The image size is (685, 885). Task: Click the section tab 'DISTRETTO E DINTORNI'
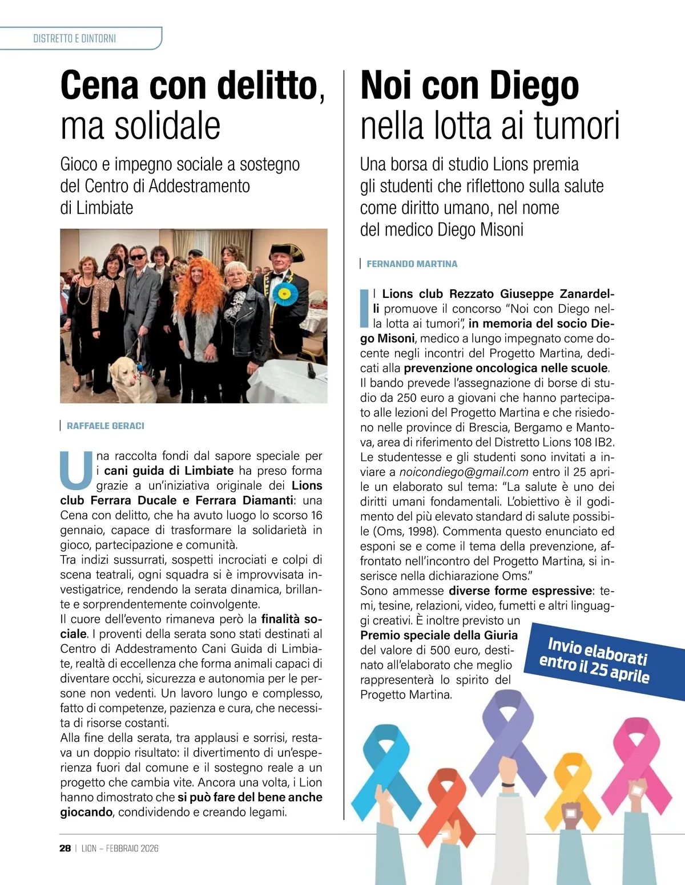tap(75, 38)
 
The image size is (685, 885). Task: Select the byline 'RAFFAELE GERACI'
tap(106, 426)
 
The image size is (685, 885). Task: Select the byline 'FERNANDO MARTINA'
tap(412, 264)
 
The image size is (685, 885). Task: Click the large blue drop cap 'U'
tap(76, 471)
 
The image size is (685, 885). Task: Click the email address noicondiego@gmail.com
tap(464, 472)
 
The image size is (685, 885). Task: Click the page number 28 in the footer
tap(65, 848)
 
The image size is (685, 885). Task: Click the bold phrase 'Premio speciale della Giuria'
tap(438, 635)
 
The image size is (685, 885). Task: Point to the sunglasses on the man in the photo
tap(138, 257)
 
